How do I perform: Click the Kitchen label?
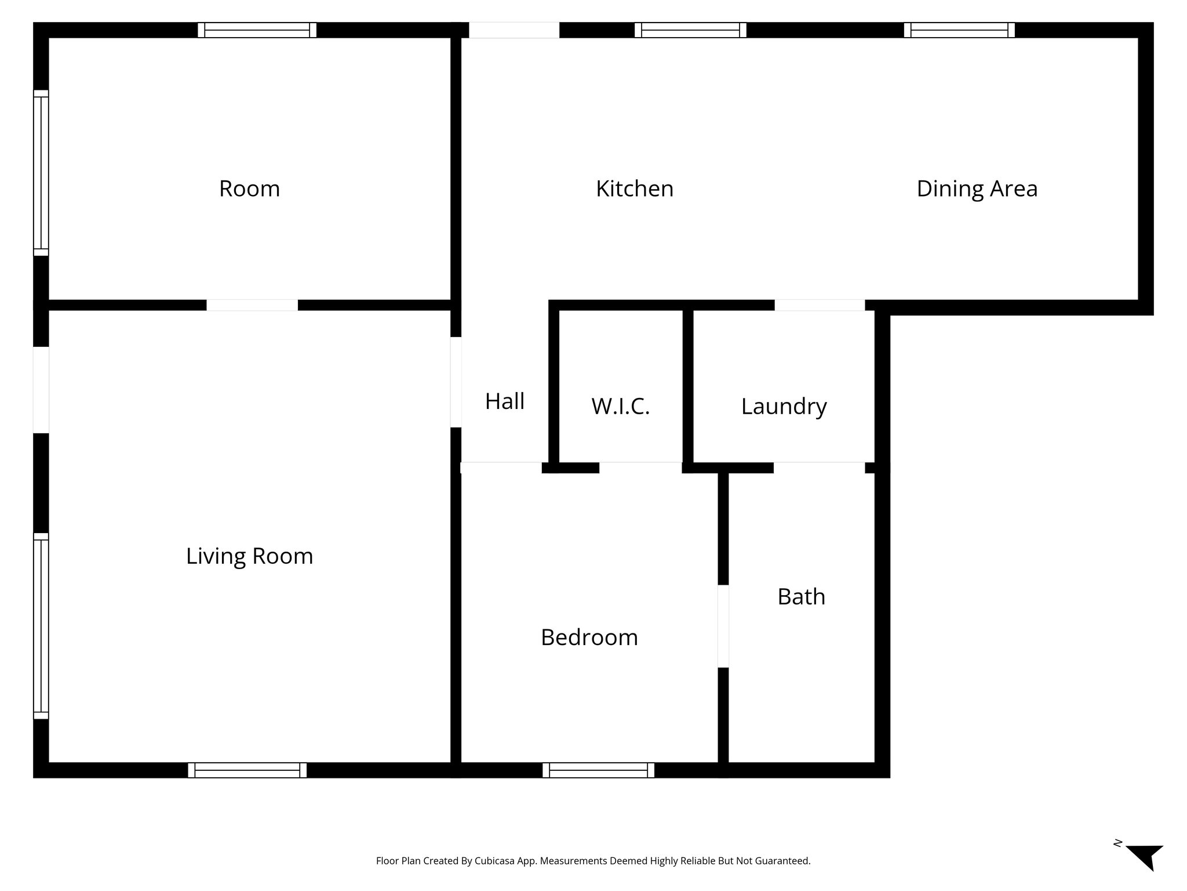point(634,189)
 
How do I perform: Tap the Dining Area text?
point(977,189)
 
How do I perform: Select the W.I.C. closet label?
point(620,406)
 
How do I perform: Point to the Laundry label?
point(784,406)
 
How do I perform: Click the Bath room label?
point(801,596)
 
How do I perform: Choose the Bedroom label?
point(589,637)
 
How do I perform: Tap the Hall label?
point(504,401)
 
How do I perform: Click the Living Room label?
point(249,556)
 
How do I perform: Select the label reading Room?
point(249,189)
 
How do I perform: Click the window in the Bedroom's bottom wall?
point(598,770)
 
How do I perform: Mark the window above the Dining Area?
point(959,30)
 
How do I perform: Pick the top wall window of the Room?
point(257,30)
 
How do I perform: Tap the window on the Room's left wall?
point(41,172)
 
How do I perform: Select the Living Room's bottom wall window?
point(247,770)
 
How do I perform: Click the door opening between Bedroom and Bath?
point(723,626)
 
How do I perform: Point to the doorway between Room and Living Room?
point(252,305)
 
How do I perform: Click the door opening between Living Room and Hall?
point(456,382)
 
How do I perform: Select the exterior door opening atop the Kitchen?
point(514,30)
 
